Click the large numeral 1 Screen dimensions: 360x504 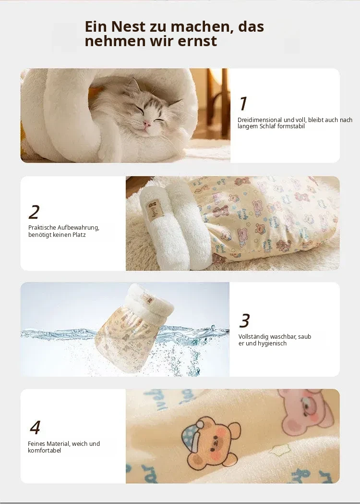[243, 103]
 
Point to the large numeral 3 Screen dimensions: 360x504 [244, 320]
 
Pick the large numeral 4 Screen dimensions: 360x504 [35, 427]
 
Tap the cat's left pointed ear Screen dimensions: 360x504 [132, 85]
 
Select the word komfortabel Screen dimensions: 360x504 [44, 450]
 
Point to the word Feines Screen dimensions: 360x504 [36, 443]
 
